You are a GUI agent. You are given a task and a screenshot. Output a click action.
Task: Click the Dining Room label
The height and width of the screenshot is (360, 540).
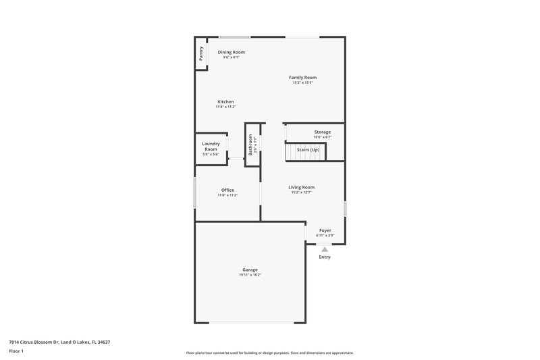(231, 52)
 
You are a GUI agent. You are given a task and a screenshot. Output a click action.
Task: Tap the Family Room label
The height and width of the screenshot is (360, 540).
(302, 78)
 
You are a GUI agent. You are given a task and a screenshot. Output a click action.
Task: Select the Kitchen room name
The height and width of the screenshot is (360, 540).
(225, 102)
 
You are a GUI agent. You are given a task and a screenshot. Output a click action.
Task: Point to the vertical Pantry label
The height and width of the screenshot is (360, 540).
(201, 53)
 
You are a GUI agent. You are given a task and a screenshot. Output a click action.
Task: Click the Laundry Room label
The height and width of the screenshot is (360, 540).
(211, 146)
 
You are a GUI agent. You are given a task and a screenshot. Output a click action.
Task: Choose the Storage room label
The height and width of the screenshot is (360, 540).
(323, 132)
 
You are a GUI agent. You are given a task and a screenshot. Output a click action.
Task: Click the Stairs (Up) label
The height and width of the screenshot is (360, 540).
(308, 149)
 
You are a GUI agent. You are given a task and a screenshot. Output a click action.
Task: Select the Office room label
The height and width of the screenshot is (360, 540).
(227, 190)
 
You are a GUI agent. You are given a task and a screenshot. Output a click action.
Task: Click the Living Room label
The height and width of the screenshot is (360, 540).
(302, 187)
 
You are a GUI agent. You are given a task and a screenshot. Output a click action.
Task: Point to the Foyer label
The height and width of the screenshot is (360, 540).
(325, 230)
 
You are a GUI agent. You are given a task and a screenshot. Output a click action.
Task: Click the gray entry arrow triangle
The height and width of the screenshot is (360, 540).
(325, 249)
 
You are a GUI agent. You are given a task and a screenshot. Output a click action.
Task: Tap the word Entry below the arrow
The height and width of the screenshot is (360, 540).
(325, 257)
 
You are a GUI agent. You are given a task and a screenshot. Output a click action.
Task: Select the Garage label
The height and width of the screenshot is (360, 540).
(250, 269)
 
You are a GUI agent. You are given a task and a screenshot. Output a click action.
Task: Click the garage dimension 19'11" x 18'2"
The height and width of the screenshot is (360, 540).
(250, 275)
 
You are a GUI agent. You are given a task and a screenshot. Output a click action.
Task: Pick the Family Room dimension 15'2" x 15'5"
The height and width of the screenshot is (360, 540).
(302, 83)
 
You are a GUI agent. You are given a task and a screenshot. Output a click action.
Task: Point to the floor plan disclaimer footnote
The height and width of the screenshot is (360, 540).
(270, 353)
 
